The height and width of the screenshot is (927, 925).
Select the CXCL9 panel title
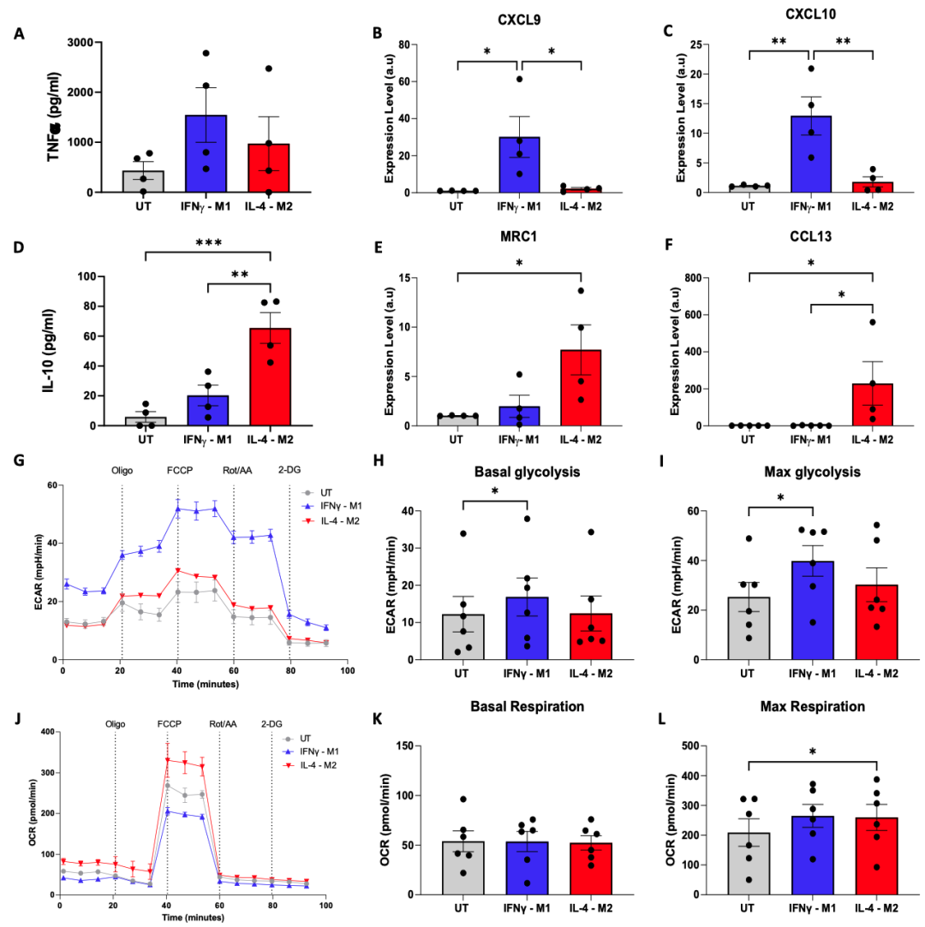click(x=519, y=21)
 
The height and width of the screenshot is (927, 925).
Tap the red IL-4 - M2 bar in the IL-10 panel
click(x=271, y=377)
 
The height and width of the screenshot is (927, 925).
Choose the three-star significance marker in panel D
click(x=208, y=242)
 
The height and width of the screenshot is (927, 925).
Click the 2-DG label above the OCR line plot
click(x=273, y=723)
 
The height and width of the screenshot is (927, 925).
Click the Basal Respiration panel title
click(x=519, y=706)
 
